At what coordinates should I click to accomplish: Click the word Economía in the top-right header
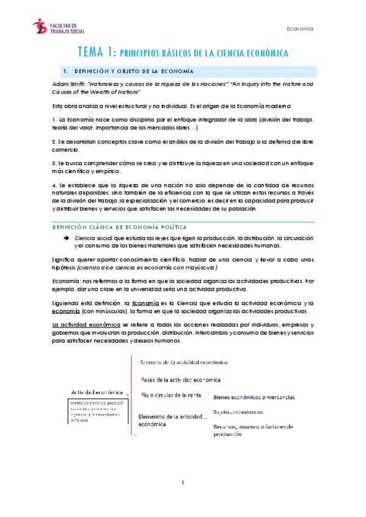300,29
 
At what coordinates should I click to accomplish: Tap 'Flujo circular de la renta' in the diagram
171,395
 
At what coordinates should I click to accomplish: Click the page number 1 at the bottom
183,483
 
